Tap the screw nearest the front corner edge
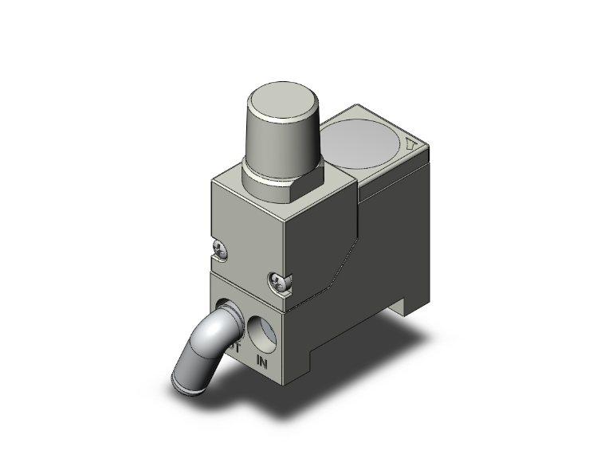277,280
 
